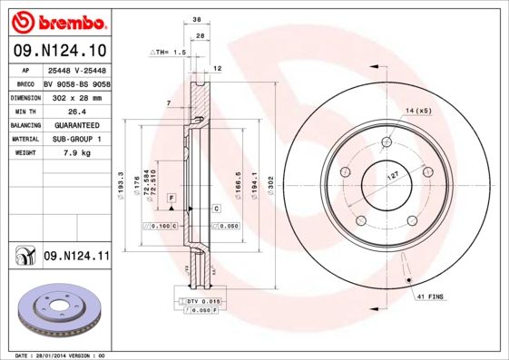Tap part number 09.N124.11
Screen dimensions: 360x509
point(76,256)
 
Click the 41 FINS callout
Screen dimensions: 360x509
point(431,297)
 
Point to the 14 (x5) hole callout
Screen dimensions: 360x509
point(418,110)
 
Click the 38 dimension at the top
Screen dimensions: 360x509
point(197,18)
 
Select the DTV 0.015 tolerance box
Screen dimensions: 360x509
point(203,299)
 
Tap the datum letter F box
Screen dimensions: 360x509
point(170,197)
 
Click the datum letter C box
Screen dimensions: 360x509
point(217,209)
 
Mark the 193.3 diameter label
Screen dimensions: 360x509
point(122,188)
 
